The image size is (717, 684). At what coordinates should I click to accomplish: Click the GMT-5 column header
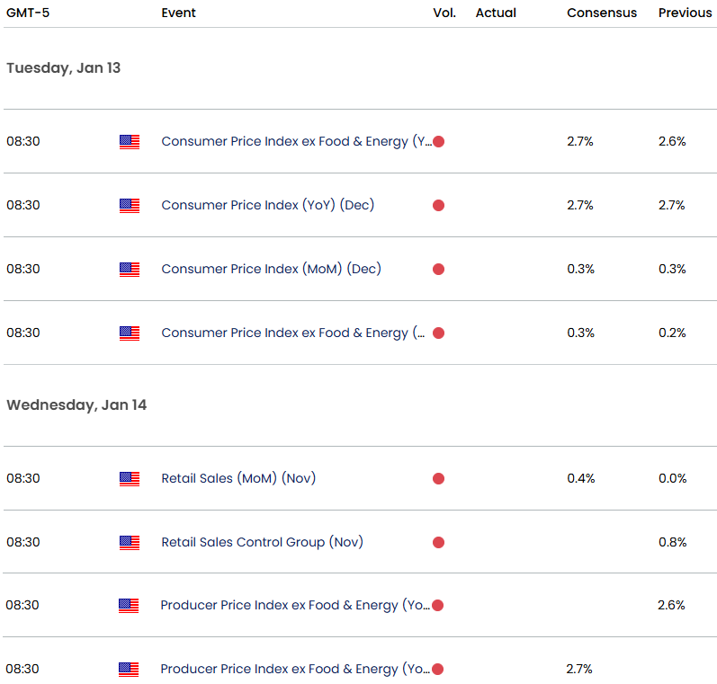point(28,13)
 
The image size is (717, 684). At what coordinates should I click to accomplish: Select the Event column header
point(178,13)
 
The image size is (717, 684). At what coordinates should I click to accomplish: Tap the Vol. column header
point(444,13)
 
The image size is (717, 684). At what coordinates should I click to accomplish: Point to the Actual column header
point(496,13)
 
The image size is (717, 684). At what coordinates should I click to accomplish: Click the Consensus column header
point(602,13)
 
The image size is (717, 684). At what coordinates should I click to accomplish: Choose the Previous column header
point(685,13)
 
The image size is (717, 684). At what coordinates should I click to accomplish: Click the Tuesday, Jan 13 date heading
point(64,68)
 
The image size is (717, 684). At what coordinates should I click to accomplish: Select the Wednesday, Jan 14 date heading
point(76,405)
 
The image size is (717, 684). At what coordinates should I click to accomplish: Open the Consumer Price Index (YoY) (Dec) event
point(267,205)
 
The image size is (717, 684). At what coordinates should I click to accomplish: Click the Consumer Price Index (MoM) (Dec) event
point(271,269)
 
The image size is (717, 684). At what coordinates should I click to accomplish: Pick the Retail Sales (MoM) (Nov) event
point(238,478)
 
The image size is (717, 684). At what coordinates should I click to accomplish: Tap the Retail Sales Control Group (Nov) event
point(262,542)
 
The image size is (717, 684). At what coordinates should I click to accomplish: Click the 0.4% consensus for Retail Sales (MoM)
point(581,478)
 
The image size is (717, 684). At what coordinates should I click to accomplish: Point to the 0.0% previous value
point(672,478)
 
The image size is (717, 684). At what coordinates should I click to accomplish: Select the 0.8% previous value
point(672,542)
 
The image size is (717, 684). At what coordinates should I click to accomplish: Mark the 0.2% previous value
point(672,333)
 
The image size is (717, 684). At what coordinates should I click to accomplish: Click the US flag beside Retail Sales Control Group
point(130,542)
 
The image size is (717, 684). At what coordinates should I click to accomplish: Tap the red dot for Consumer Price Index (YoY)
point(438,206)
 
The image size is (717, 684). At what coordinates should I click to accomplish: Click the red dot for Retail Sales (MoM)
point(438,479)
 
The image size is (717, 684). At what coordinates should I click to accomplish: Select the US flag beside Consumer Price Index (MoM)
point(130,270)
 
